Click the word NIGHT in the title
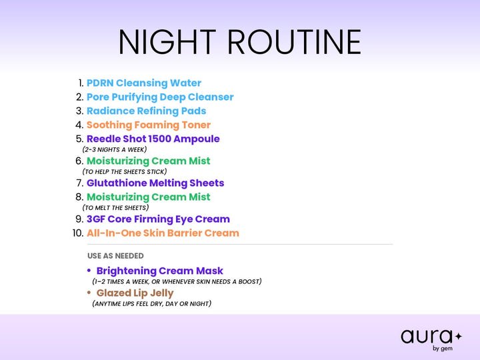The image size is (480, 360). [167, 42]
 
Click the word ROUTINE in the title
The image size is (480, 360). [295, 42]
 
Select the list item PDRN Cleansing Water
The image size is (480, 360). [144, 83]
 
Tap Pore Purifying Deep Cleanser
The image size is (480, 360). [160, 97]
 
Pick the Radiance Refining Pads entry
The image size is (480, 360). [146, 111]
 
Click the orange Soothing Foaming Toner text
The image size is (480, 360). [149, 125]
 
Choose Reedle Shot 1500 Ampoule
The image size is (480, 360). [153, 139]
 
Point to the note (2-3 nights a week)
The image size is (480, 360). [115, 149]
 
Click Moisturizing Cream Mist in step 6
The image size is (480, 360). [149, 161]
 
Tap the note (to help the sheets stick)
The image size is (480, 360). [125, 171]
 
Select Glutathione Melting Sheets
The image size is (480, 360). [155, 183]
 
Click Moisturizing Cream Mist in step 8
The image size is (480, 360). [149, 197]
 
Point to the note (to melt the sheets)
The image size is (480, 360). [115, 207]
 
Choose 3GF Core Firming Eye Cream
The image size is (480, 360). [158, 219]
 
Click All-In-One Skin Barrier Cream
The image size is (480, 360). [163, 233]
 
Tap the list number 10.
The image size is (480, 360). [78, 233]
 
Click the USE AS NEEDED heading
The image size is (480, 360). [115, 255]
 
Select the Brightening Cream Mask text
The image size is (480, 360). [160, 271]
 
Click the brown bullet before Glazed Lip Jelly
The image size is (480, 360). [89, 293]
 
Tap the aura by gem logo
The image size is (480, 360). [431, 340]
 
